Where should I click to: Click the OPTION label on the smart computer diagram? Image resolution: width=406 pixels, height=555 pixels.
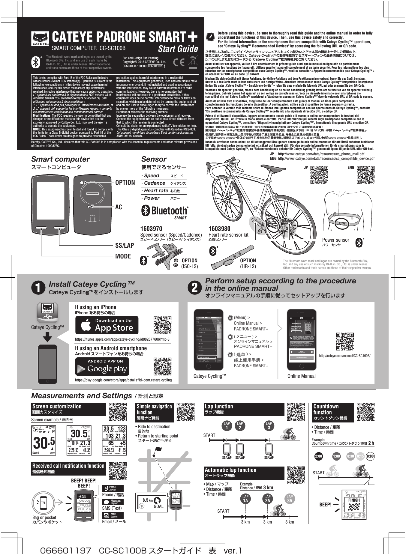(x=125, y=183)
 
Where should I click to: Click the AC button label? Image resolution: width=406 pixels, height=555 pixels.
(x=119, y=207)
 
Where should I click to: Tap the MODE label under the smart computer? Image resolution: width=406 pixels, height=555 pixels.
(x=123, y=256)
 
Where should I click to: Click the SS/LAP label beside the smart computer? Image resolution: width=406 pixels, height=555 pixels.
(x=125, y=246)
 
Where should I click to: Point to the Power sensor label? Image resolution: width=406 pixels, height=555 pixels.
(x=335, y=240)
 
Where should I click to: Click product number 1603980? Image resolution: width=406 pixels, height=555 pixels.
(x=220, y=228)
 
